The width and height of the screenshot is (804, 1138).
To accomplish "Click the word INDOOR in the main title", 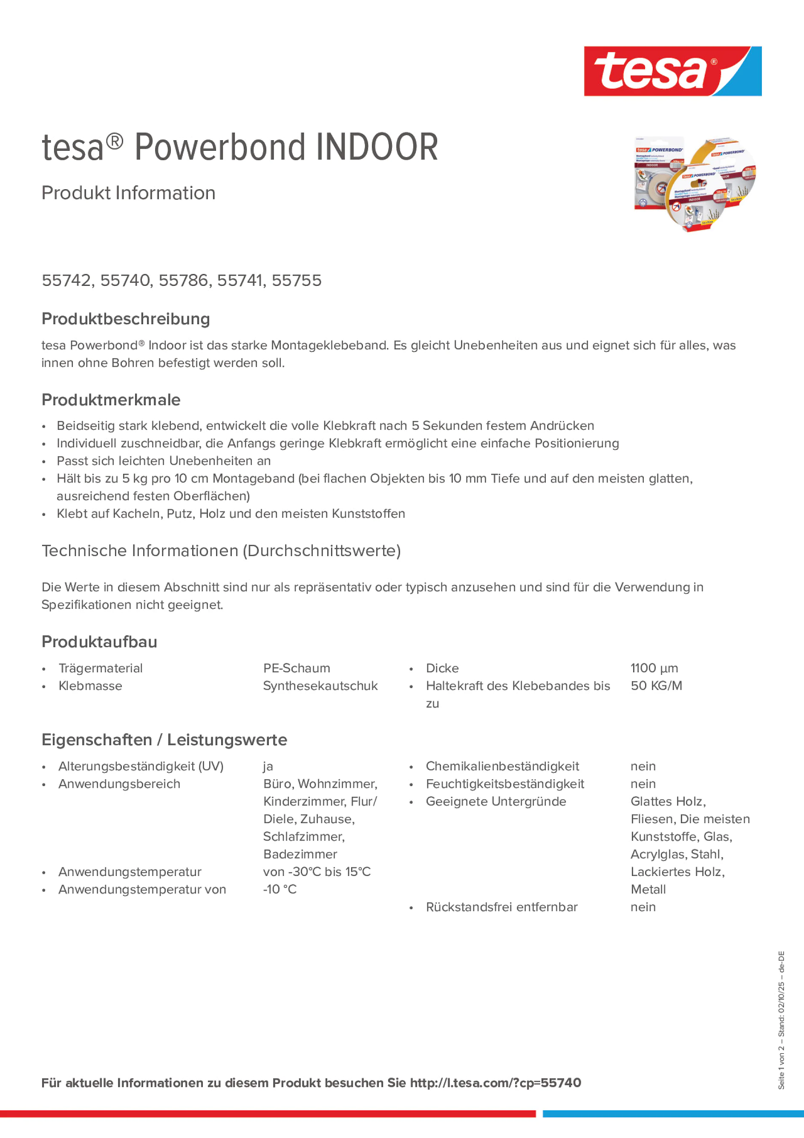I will (x=377, y=147).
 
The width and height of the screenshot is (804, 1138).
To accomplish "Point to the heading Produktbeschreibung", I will (x=126, y=319).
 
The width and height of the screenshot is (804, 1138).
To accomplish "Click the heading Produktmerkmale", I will (x=111, y=400).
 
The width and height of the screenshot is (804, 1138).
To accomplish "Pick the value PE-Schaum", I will (x=297, y=668).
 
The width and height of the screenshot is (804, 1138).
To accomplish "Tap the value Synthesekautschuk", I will (x=320, y=686).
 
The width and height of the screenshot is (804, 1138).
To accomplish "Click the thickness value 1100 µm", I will (x=654, y=668).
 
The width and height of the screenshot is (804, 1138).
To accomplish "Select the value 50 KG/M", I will (x=656, y=686).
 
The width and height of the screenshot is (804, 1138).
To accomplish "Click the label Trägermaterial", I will (x=101, y=668).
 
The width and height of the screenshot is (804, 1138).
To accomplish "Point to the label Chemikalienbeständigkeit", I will (x=502, y=766).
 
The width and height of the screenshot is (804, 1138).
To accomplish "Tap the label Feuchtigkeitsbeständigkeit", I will (x=504, y=784).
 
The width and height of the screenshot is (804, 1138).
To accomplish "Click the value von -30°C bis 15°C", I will (x=317, y=872).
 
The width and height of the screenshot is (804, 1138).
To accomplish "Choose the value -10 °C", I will (x=280, y=890).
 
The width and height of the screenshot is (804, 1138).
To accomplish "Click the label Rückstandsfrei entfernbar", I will (x=501, y=907).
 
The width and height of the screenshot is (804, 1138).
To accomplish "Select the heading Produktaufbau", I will (x=99, y=642).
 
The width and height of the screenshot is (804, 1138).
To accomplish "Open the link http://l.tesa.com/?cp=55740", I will (x=495, y=1083).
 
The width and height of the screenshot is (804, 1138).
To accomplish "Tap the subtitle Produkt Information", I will (x=128, y=193).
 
